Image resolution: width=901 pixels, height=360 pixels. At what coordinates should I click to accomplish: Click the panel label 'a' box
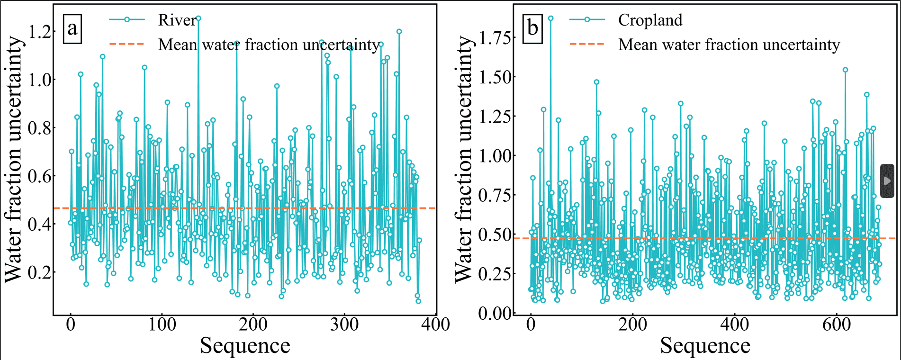(72, 28)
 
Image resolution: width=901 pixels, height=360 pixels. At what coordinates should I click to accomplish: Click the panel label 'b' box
(532, 28)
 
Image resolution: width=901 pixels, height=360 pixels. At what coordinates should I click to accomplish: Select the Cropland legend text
(650, 20)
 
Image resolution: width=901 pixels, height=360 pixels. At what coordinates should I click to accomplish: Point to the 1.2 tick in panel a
(40, 32)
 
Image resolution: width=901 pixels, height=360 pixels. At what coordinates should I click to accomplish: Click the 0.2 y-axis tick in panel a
(40, 272)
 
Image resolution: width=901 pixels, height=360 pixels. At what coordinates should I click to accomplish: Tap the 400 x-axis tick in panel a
(435, 325)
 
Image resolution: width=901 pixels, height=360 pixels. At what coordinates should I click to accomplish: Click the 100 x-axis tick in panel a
(162, 325)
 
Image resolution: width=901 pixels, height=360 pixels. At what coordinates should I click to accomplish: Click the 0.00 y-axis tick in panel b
(495, 313)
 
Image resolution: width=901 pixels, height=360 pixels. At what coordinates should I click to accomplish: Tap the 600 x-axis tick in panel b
(837, 325)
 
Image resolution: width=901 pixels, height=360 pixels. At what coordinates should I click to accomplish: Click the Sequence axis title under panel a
(245, 345)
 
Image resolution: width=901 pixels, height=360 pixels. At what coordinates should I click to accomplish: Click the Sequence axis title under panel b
(705, 345)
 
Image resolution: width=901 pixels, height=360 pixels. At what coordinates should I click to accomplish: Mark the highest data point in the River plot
(198, 18)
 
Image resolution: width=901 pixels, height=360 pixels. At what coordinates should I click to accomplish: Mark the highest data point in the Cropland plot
(550, 18)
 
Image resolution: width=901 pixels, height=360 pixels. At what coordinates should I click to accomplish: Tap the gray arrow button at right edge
(887, 181)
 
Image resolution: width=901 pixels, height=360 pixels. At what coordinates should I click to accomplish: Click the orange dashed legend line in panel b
(587, 44)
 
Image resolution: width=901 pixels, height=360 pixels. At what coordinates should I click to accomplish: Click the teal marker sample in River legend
(127, 19)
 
